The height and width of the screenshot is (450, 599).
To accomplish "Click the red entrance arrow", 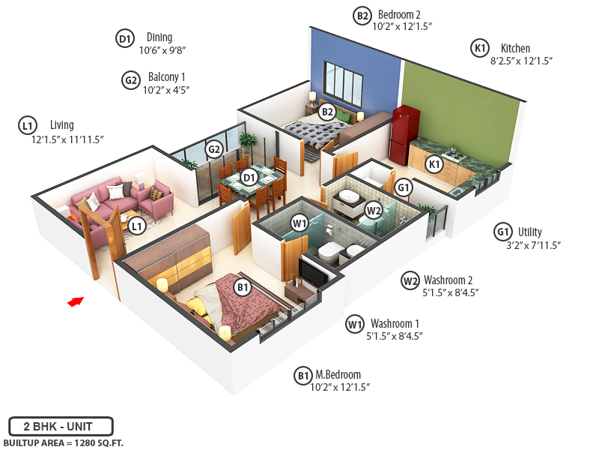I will coord(75,301).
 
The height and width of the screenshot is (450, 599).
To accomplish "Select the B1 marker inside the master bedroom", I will coord(242,286).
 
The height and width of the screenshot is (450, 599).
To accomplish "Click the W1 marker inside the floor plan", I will coord(299,222).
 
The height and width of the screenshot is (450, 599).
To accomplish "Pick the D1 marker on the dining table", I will coord(249,178).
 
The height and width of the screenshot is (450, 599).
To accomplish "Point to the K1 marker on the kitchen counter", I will coord(434,163).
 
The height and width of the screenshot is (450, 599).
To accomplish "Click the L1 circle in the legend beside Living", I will coord(27,126).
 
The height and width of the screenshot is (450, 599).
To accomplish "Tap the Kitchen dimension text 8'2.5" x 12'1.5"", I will coord(521,61).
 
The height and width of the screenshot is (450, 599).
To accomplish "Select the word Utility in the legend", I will coord(530,232).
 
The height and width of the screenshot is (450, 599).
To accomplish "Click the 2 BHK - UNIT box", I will coord(61,426).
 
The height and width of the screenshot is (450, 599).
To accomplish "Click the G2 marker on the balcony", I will coord(214,148).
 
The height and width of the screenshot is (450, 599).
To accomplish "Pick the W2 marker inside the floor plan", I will coord(374,210).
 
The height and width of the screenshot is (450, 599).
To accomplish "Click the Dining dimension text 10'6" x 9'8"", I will coord(162,50).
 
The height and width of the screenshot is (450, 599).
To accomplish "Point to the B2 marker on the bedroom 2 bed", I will coord(326,112).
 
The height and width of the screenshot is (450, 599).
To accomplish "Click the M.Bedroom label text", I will coord(338,374).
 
